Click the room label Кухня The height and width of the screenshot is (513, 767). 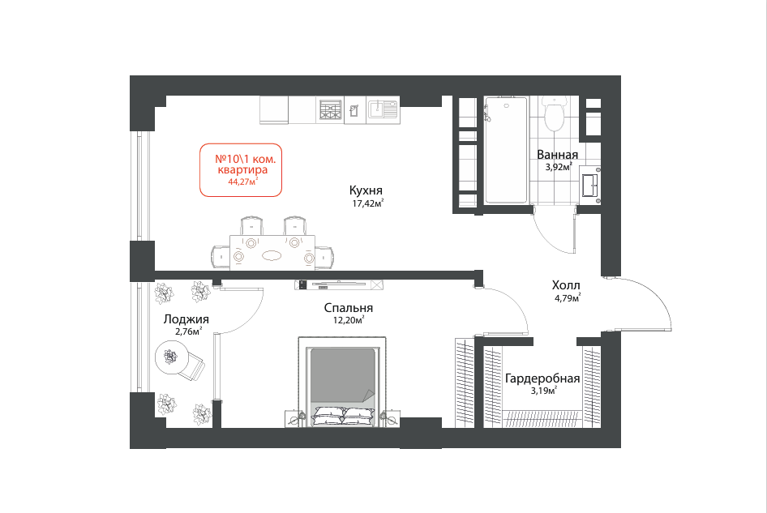click(x=366, y=190)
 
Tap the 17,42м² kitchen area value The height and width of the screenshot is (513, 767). click(x=368, y=203)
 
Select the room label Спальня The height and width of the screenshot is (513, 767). click(x=349, y=308)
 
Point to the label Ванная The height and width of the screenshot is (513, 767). click(x=557, y=155)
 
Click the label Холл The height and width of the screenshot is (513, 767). click(x=566, y=285)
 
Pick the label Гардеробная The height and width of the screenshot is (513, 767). click(x=542, y=378)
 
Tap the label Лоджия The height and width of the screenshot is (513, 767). click(x=186, y=319)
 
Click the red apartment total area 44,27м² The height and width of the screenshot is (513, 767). click(x=242, y=182)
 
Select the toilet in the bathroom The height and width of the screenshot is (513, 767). click(x=555, y=113)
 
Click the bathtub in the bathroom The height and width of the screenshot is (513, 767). click(x=506, y=150)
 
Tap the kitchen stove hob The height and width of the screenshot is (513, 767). click(x=330, y=109)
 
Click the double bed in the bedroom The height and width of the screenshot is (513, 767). click(x=342, y=382)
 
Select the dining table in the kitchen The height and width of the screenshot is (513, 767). click(x=272, y=252)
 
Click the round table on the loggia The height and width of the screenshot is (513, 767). click(x=171, y=357)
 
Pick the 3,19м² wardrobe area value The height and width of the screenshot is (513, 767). click(x=542, y=391)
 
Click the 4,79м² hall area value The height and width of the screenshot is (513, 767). click(x=567, y=297)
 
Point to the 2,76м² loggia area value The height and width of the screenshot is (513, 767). click(x=188, y=331)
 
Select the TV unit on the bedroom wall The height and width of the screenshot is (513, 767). click(x=338, y=284)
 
